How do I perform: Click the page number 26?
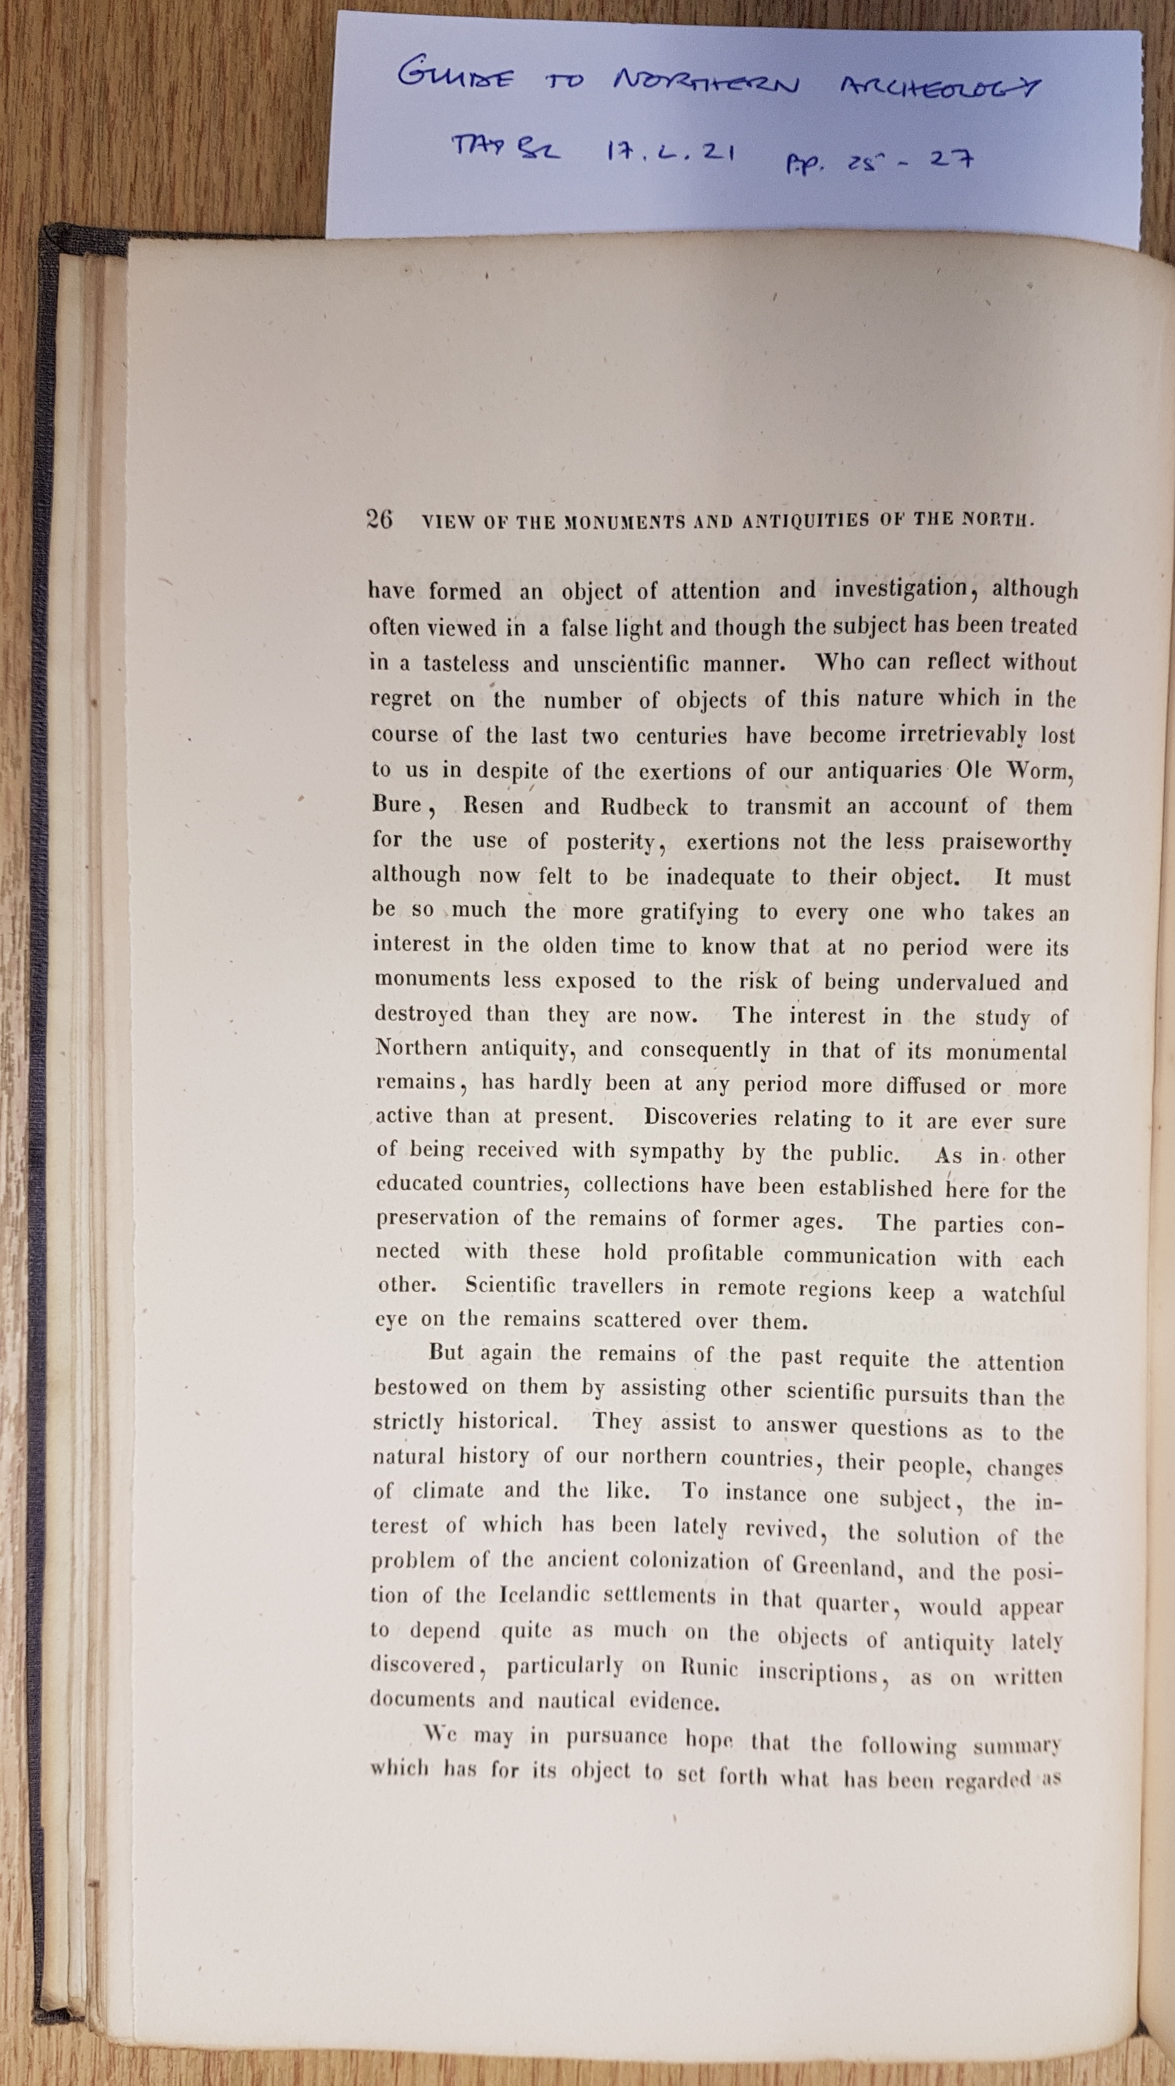point(380,518)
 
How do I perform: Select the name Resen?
point(493,807)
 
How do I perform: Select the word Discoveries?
point(700,1119)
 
